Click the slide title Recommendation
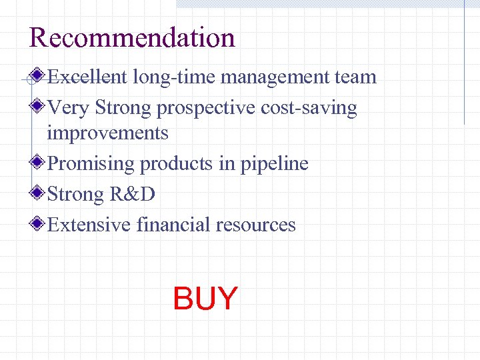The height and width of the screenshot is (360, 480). pyautogui.click(x=132, y=37)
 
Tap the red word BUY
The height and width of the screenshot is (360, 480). pyautogui.click(x=205, y=299)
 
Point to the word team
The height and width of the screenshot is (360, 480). pyautogui.click(x=356, y=77)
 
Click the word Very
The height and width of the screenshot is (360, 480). pyautogui.click(x=69, y=108)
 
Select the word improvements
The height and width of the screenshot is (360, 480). pyautogui.click(x=107, y=133)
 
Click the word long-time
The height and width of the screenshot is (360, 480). pyautogui.click(x=174, y=77)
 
